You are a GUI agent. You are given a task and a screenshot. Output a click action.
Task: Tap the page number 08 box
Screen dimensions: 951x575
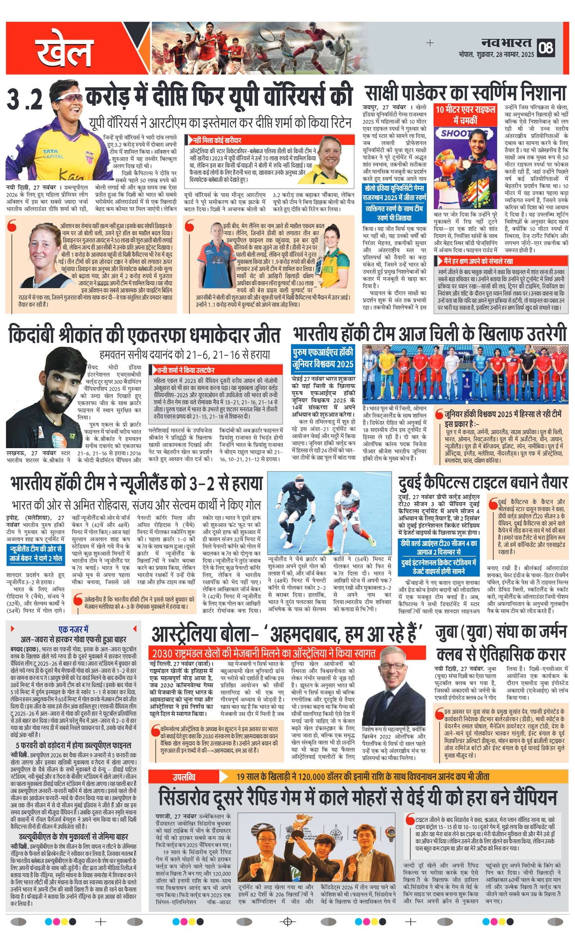(x=546, y=47)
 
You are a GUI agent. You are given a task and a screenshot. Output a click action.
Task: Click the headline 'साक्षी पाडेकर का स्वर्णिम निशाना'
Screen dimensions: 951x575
(x=465, y=93)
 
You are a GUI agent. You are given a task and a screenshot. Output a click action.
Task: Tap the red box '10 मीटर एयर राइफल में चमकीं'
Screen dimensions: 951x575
(x=465, y=115)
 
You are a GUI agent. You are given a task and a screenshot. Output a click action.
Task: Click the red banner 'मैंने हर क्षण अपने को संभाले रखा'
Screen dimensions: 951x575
(x=478, y=261)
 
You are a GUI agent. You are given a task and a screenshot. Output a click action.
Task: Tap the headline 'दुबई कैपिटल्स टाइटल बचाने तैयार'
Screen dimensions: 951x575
(x=483, y=482)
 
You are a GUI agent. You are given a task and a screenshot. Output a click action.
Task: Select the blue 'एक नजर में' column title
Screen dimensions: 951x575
(x=73, y=629)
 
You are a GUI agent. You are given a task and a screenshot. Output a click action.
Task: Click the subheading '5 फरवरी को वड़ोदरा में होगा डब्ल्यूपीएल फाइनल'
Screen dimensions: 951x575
(x=73, y=745)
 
